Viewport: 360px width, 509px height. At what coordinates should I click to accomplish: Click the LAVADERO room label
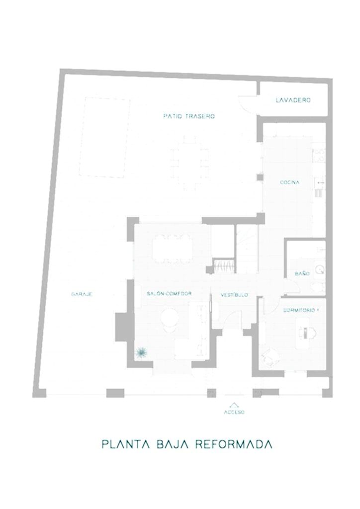pos(293,100)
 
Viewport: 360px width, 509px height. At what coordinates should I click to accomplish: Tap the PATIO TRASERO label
pos(189,116)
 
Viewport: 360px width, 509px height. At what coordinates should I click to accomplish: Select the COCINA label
pos(289,182)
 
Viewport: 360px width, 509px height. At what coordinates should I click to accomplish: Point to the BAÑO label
pos(302,274)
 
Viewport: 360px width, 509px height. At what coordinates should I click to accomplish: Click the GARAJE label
pos(82,294)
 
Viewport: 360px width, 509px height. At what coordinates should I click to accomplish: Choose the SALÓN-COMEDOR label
pos(169,293)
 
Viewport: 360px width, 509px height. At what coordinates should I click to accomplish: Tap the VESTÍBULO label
pos(234,295)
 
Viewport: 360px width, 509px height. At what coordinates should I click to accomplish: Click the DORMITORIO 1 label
pos(301,310)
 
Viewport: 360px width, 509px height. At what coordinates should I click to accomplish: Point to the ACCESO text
pos(234,412)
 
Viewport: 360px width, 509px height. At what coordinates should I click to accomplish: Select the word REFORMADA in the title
pos(233,444)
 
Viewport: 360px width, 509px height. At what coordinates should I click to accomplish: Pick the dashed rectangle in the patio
pos(104,138)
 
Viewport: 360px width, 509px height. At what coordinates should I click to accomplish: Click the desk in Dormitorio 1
pos(307,333)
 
